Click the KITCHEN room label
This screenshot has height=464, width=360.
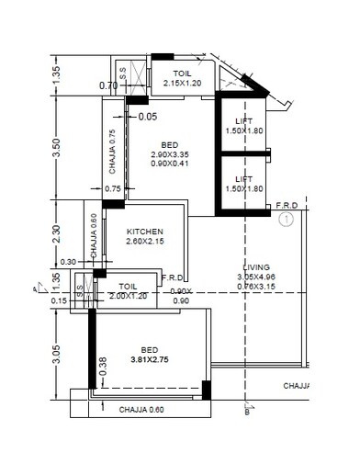click(x=145, y=232)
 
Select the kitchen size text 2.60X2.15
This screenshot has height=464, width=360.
click(x=145, y=242)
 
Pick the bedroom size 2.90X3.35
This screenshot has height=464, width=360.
click(x=170, y=155)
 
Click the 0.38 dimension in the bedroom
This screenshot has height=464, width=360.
click(x=102, y=364)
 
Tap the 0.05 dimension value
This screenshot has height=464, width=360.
click(x=148, y=117)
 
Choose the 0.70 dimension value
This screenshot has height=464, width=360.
click(x=108, y=86)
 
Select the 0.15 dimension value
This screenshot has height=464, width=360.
click(x=60, y=300)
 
